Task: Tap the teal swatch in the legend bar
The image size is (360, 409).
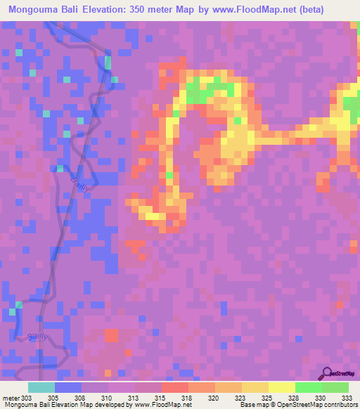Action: point(41,387)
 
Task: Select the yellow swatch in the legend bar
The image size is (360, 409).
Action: point(282,387)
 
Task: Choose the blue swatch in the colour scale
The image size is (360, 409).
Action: point(68,387)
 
